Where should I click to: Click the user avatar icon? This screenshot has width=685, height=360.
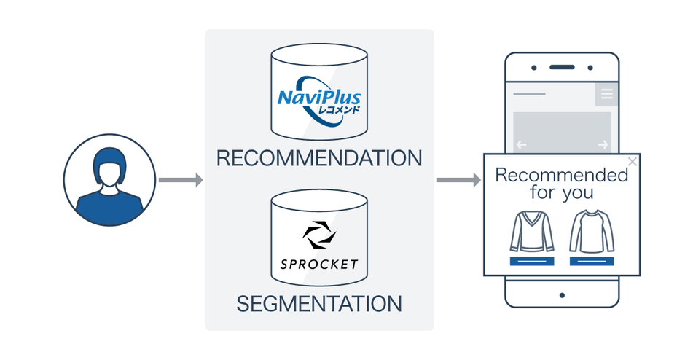tap(109, 179)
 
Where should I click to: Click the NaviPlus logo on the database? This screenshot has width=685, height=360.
tap(319, 97)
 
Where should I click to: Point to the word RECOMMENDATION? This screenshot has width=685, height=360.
tap(319, 158)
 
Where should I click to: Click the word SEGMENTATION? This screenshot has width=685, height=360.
tap(319, 303)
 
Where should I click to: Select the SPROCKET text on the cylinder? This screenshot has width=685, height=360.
tap(319, 263)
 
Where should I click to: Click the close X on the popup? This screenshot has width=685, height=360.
tap(632, 162)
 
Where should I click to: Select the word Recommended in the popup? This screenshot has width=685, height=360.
tap(561, 175)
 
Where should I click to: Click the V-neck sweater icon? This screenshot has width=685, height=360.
tap(532, 231)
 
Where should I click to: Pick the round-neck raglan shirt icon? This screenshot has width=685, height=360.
tap(591, 231)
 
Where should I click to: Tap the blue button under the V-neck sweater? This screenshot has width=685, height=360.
tap(532, 261)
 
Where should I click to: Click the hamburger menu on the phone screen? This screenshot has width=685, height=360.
tap(606, 94)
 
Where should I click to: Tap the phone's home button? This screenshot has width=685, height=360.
tap(562, 295)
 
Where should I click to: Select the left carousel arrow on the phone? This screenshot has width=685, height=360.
tap(522, 145)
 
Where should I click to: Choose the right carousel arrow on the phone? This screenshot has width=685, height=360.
tap(602, 145)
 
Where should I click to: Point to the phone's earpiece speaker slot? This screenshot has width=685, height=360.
tap(562, 68)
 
